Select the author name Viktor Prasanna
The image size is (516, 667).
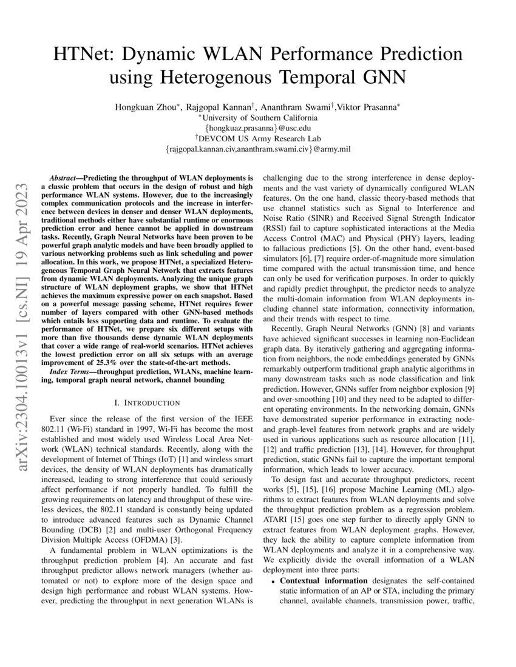(368, 107)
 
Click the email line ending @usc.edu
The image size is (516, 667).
(258, 128)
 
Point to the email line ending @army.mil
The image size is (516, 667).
(258, 149)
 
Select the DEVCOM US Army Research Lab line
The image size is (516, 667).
(258, 138)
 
